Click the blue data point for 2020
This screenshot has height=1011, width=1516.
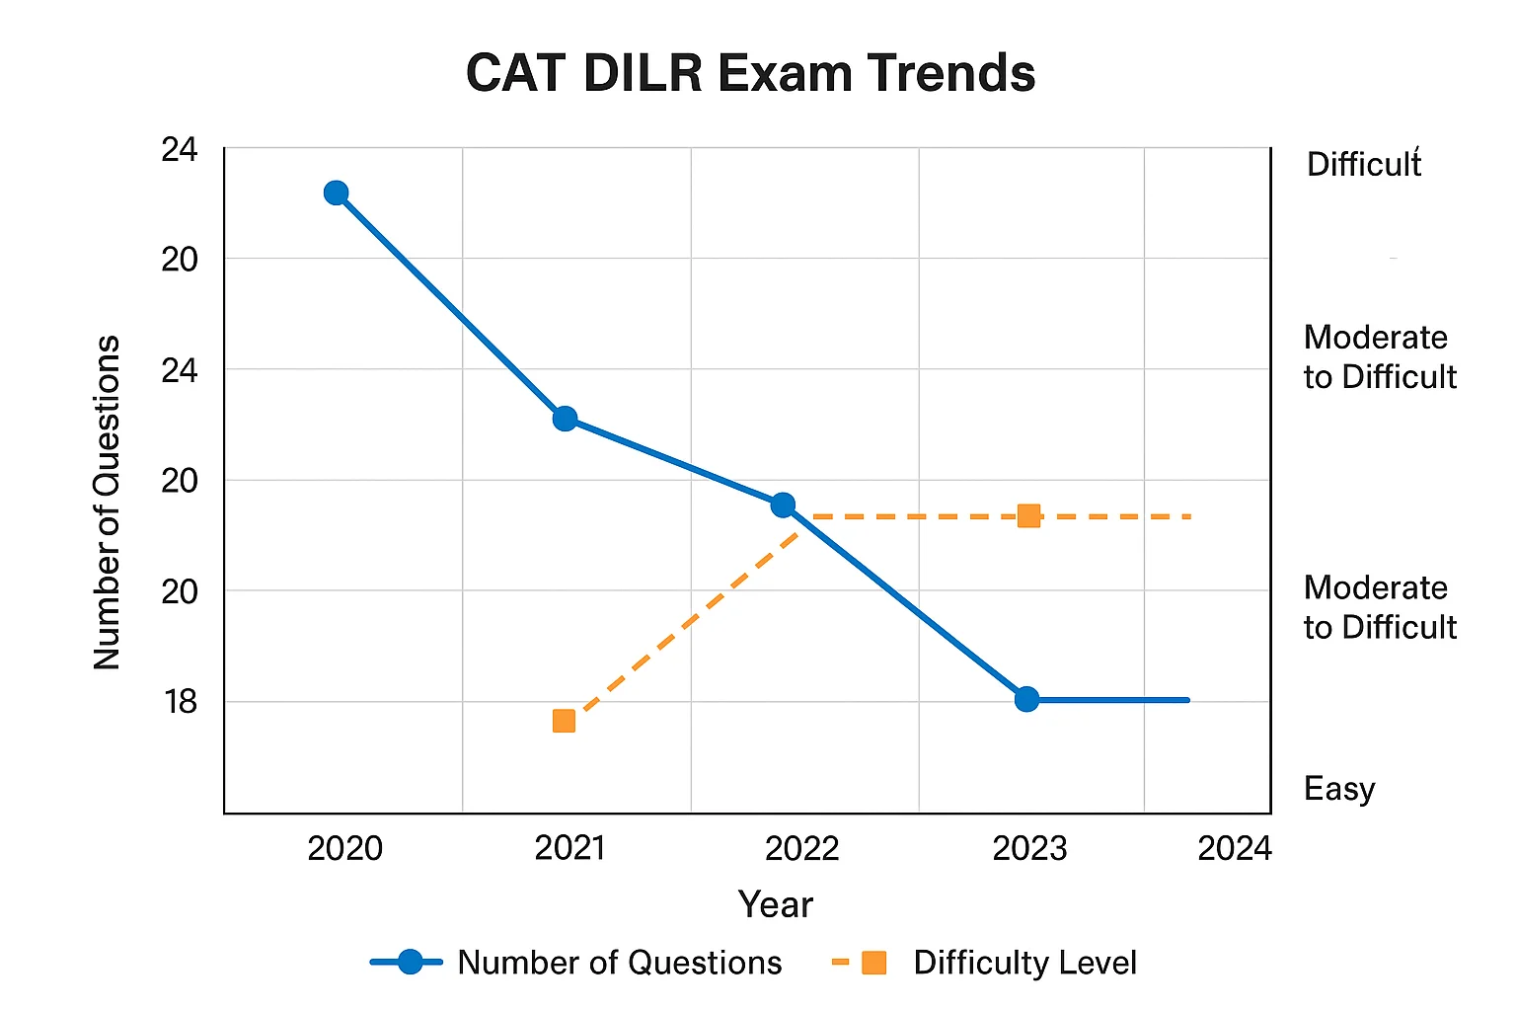point(336,193)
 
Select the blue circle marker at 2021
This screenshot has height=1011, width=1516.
point(565,419)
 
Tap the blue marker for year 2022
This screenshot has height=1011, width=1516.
point(783,505)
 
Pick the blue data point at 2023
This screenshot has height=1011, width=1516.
point(1026,699)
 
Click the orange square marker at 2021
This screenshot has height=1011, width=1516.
point(564,721)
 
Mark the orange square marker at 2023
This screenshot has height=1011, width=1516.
point(1028,515)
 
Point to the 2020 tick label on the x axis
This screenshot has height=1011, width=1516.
point(344,848)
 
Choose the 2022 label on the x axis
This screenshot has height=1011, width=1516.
point(801,848)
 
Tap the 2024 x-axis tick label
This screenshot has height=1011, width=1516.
point(1234,848)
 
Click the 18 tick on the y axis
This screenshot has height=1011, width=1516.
point(181,702)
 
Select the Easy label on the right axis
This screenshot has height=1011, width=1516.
point(1338,789)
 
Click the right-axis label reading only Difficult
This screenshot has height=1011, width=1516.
point(1363,164)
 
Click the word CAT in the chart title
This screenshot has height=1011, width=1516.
point(515,74)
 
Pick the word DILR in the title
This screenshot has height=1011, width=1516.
point(642,74)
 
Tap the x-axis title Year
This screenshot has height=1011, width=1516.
point(775,904)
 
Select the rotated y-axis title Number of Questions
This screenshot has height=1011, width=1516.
point(107,503)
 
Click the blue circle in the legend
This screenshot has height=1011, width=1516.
point(409,963)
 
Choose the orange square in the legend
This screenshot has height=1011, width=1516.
point(873,963)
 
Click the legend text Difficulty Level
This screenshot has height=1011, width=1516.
point(1024,963)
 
